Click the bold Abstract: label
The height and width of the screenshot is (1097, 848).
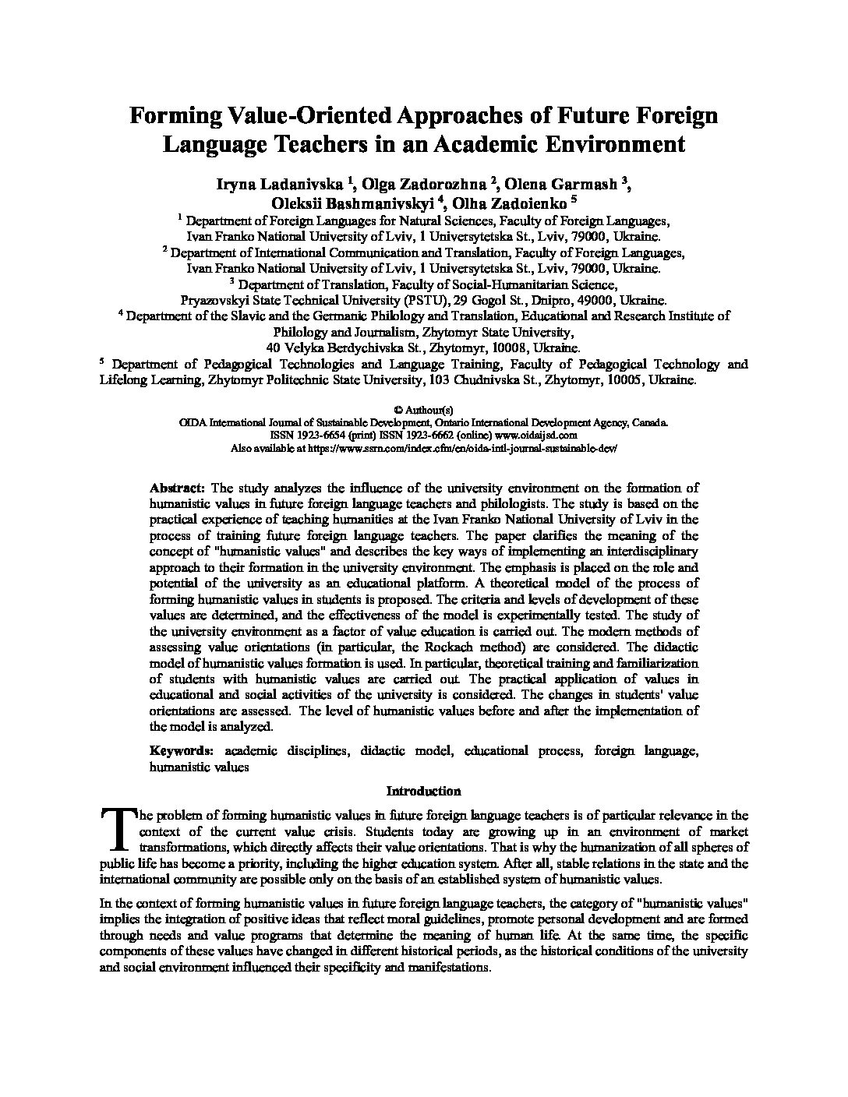pos(178,488)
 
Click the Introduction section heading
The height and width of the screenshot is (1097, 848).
pos(423,791)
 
